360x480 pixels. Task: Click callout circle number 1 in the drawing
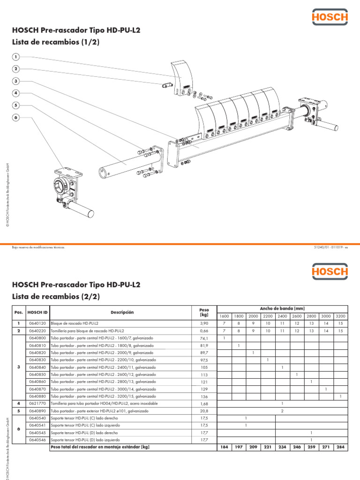coord(16,57)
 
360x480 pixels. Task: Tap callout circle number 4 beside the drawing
coord(16,93)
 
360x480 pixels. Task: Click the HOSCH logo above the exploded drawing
coord(330,18)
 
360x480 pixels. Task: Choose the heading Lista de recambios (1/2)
coord(56,42)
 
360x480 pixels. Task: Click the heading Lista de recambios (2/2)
coord(56,297)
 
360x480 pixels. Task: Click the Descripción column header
coord(122,312)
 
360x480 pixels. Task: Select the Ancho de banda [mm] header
coord(282,308)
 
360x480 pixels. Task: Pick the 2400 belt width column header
coord(282,316)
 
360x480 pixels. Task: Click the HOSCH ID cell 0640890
coord(37,411)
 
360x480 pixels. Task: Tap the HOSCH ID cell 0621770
coord(37,403)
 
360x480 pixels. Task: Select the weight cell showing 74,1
coord(203,338)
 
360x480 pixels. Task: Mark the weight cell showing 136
coord(203,396)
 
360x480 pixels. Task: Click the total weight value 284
coord(340,447)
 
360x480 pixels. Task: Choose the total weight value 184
coord(224,447)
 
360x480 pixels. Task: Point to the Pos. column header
coord(19,312)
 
